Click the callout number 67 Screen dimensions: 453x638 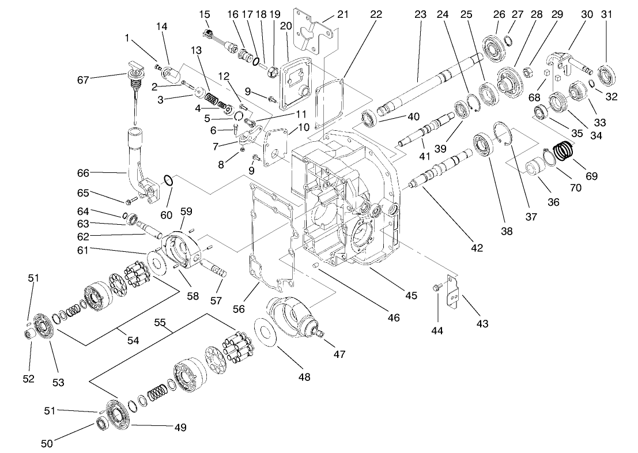click(84, 80)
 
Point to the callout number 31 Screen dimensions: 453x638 click(607, 14)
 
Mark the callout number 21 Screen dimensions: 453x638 click(343, 14)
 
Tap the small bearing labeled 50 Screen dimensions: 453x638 click(103, 424)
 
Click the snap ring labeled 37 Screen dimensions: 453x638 click(503, 135)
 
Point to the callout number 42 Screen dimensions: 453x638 click(476, 247)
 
